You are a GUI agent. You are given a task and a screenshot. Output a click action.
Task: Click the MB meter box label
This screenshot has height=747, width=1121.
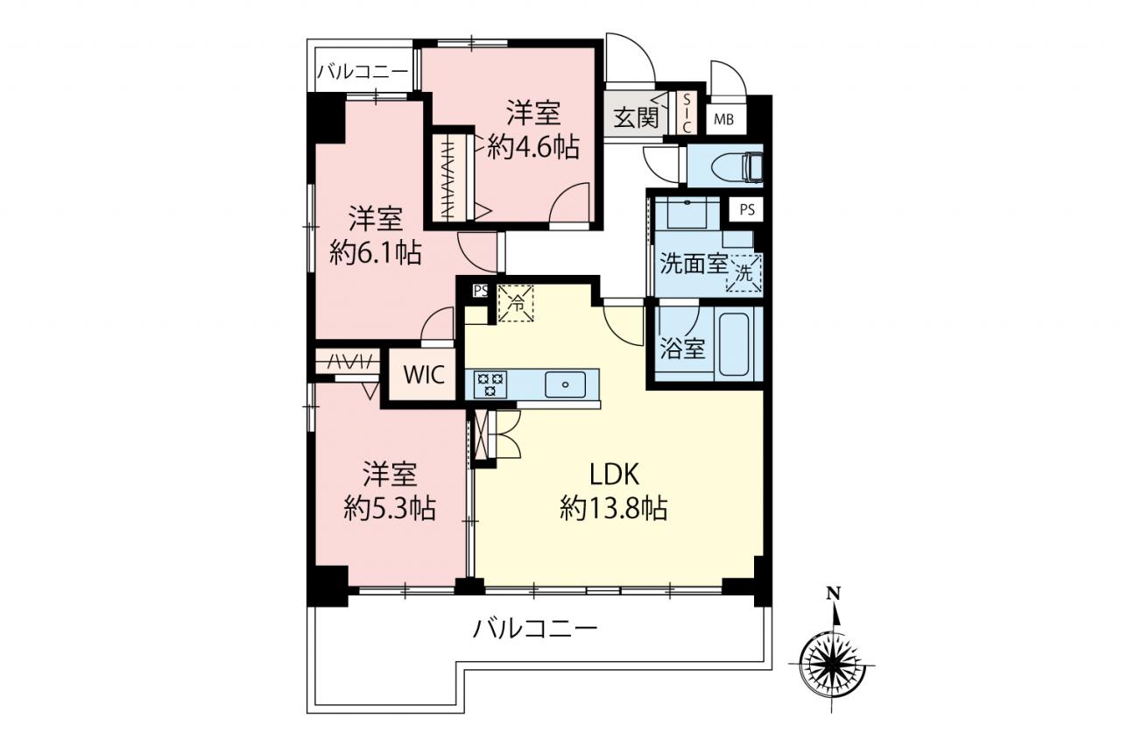pyautogui.click(x=723, y=120)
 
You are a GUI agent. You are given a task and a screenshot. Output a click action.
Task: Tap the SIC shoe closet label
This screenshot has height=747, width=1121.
pyautogui.click(x=687, y=113)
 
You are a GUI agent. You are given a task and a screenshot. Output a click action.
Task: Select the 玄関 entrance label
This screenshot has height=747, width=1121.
pyautogui.click(x=636, y=118)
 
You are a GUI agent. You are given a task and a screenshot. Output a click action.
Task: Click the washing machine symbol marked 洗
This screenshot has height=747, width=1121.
pyautogui.click(x=744, y=272)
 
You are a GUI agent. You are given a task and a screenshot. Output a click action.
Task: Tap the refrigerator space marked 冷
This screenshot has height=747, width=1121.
pyautogui.click(x=516, y=303)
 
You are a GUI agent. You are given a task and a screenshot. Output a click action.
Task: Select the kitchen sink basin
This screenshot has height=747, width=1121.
pyautogui.click(x=565, y=384)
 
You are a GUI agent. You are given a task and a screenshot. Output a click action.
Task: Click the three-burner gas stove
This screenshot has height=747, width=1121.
pyautogui.click(x=486, y=384)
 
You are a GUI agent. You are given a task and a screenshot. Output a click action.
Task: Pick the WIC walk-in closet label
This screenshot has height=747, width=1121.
pyautogui.click(x=424, y=374)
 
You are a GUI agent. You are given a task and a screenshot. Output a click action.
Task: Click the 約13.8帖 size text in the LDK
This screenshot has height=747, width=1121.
pyautogui.click(x=614, y=508)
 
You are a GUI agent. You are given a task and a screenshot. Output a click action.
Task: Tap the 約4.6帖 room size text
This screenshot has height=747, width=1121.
pyautogui.click(x=533, y=147)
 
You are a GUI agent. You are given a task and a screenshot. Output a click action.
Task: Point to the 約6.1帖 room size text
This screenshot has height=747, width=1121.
pyautogui.click(x=376, y=253)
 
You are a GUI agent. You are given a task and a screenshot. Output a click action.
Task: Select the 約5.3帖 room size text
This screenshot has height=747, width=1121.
pyautogui.click(x=390, y=508)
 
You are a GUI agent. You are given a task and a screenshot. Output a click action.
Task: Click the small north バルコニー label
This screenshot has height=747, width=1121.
pyautogui.click(x=363, y=73)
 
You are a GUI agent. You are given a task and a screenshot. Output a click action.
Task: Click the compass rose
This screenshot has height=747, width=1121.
pyautogui.click(x=832, y=666)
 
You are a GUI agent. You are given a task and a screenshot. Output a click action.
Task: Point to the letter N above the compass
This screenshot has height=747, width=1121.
pyautogui.click(x=833, y=594)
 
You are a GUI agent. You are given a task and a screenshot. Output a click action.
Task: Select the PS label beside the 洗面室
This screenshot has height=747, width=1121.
pyautogui.click(x=747, y=209)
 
